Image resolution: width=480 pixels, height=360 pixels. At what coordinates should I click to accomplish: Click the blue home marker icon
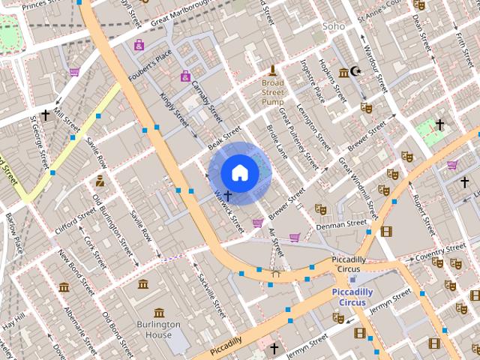[x=239, y=173]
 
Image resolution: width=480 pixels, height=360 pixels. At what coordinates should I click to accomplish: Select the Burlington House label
[x=158, y=330]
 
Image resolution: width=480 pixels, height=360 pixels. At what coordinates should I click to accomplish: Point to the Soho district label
[x=333, y=26]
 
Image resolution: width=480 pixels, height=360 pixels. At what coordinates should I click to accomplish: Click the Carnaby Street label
[x=207, y=100]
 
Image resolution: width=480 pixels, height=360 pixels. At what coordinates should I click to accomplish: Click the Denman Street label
[x=341, y=223]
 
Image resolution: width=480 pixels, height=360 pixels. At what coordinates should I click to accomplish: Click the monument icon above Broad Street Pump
[x=272, y=70]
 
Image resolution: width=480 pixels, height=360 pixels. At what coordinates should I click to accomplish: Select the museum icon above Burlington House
[x=158, y=312]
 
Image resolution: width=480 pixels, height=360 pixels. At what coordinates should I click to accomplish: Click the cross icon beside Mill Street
[x=46, y=115]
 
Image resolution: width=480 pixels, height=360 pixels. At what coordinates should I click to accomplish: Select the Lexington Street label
[x=314, y=124]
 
